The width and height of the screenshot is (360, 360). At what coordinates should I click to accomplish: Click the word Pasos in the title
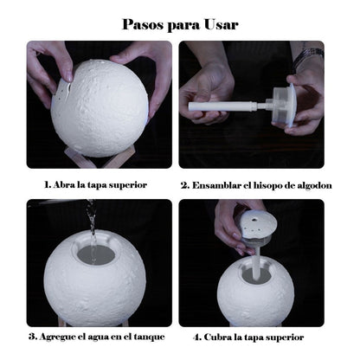click(x=143, y=24)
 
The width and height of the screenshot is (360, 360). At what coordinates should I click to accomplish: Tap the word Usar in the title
click(x=222, y=24)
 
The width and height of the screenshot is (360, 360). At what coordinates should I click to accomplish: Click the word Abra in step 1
click(x=64, y=184)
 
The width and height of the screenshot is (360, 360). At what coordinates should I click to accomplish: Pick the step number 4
click(x=196, y=337)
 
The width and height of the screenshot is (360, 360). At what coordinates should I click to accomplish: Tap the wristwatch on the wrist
click(x=309, y=55)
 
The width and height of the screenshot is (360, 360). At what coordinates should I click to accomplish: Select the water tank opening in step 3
click(x=96, y=254)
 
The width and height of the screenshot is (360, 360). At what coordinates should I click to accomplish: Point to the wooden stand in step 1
click(x=93, y=158)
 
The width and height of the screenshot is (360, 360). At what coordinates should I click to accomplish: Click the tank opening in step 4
click(x=256, y=274)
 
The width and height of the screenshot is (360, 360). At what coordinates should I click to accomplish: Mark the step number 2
click(x=185, y=185)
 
